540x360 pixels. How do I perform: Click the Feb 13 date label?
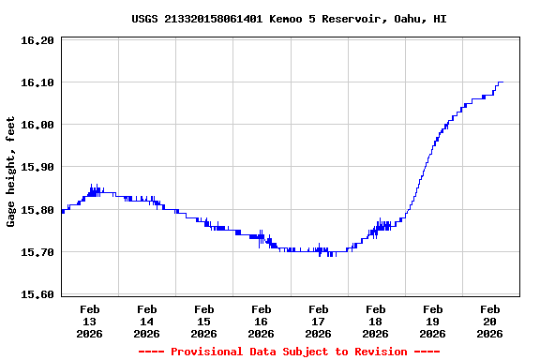coord(90,321)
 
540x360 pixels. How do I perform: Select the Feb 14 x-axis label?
coord(147,321)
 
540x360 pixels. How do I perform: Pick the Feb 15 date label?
coord(204,321)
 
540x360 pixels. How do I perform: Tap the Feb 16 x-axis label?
coord(262,321)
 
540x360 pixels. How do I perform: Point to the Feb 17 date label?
coord(319,321)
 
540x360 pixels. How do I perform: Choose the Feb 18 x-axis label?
coord(376,321)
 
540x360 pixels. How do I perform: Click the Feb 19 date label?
coord(433,321)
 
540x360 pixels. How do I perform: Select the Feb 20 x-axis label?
coord(490,321)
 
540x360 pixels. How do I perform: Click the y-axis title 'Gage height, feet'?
coord(11,172)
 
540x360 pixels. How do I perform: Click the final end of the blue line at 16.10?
coord(502,82)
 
